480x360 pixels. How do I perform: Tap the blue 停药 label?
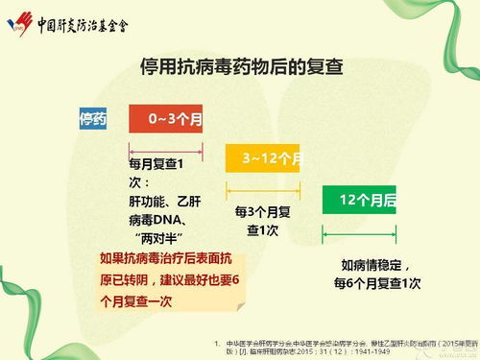click(x=92, y=120)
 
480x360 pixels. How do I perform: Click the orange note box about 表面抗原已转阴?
click(x=172, y=279)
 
